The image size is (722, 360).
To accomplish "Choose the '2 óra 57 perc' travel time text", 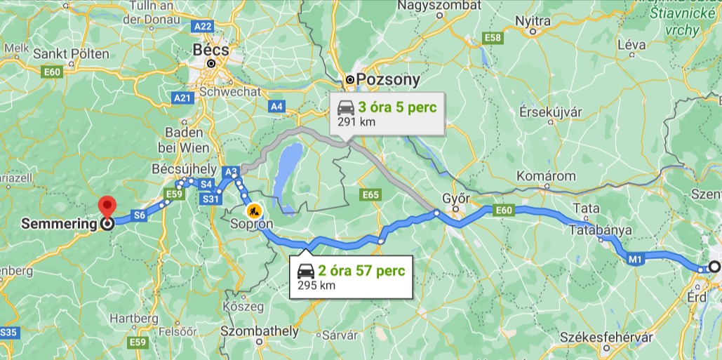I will (x=361, y=271).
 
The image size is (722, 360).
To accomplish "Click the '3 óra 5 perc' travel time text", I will (x=398, y=107).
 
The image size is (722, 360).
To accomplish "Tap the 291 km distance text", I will (x=356, y=121).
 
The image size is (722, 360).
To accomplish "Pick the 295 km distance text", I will (x=316, y=285).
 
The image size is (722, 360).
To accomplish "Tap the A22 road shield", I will (x=203, y=26).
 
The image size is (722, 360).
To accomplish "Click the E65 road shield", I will (x=369, y=194).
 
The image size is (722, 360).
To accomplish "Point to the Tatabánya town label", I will (x=601, y=229).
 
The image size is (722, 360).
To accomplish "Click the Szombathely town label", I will (x=260, y=331).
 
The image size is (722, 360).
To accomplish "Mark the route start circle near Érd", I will (x=714, y=267).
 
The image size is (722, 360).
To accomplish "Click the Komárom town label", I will (x=546, y=175).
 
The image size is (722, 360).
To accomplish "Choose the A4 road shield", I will (x=277, y=107).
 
